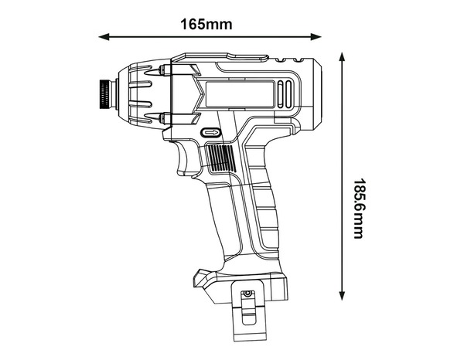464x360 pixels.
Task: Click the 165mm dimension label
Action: (206, 23)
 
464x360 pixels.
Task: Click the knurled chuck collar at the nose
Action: (104, 96)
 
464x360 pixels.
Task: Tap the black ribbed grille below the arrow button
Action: (221, 161)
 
